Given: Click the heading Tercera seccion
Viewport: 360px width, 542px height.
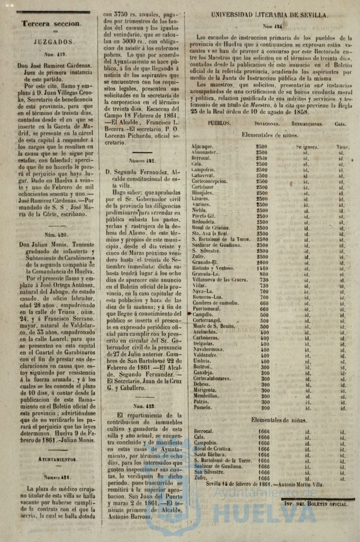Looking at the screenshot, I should pyautogui.click(x=51, y=23).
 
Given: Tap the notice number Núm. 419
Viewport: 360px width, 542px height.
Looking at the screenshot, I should pyautogui.click(x=51, y=54).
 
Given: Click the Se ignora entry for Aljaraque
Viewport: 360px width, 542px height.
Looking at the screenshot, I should pyautogui.click(x=307, y=147).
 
